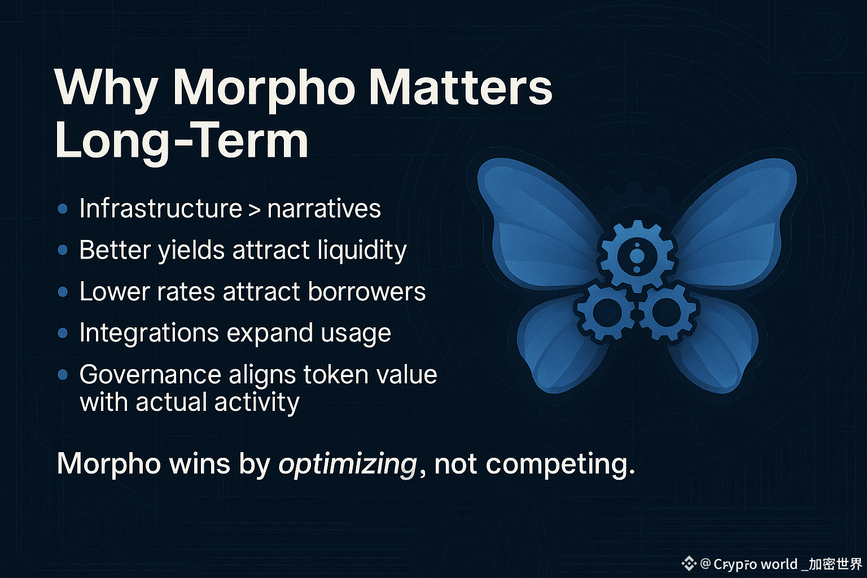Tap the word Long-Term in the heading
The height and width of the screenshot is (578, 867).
[x=182, y=140]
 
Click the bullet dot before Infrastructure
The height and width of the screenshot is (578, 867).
[x=62, y=209]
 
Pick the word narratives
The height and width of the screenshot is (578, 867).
[x=324, y=209]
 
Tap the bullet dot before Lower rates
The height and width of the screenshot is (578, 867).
[x=62, y=292]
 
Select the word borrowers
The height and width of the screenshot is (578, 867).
[x=366, y=291]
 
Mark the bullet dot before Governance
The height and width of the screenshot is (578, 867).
[x=62, y=374]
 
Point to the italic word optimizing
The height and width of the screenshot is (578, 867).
[x=348, y=464]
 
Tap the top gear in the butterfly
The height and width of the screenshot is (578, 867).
[x=637, y=256]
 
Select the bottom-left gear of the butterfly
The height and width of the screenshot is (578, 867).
[x=606, y=312]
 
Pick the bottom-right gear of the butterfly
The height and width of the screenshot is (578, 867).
[x=667, y=312]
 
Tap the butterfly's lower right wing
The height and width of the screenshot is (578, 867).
[x=716, y=344]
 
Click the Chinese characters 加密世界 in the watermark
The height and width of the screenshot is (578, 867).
[x=835, y=564]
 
